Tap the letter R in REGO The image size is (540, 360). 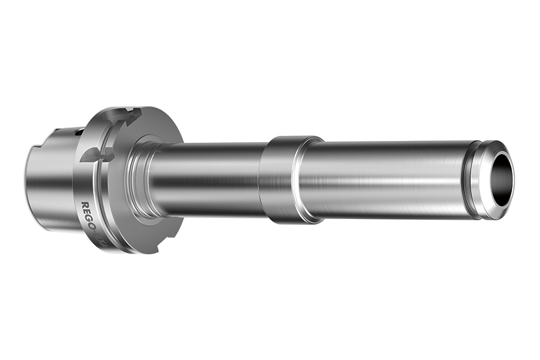(85, 206)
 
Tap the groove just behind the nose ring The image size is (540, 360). (471, 180)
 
